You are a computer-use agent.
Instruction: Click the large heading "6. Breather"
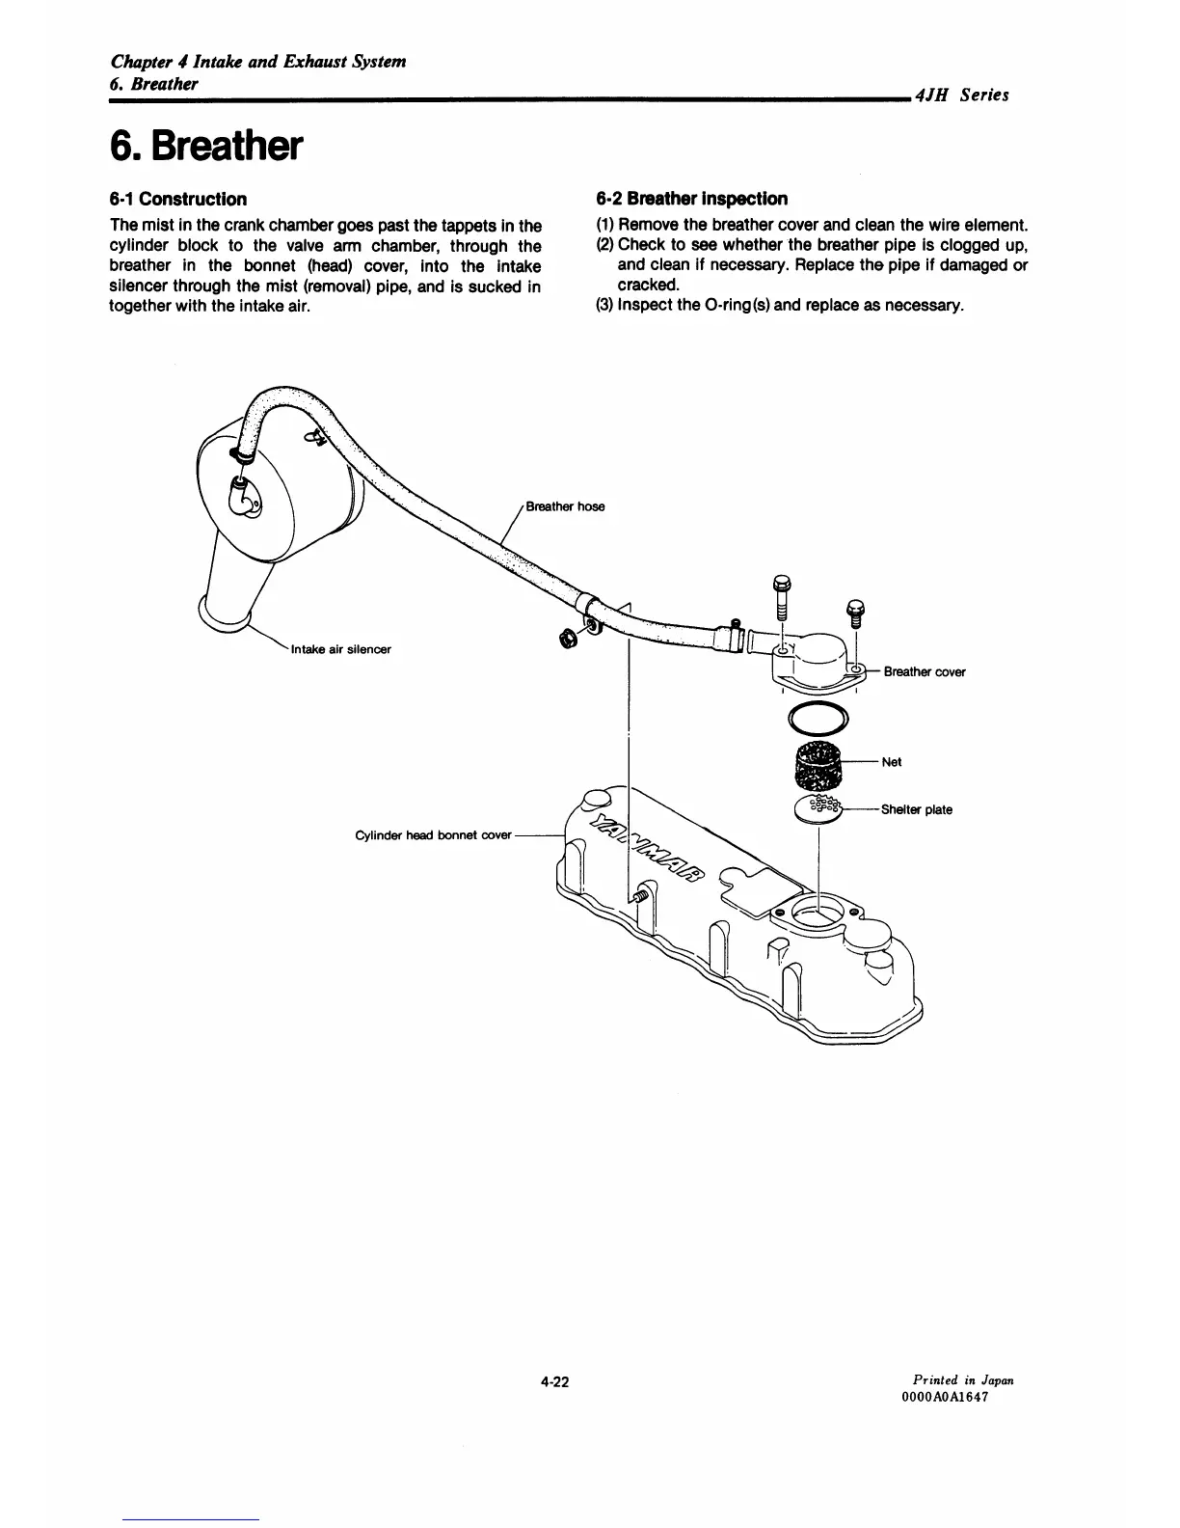click(x=207, y=147)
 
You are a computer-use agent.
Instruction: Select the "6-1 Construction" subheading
click(x=177, y=200)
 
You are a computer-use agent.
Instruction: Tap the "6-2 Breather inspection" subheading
click(x=691, y=199)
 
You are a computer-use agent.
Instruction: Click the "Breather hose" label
click(x=565, y=507)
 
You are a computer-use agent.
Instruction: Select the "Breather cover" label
click(x=925, y=672)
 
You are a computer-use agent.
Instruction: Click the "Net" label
click(x=892, y=762)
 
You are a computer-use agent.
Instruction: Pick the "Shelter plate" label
click(x=916, y=810)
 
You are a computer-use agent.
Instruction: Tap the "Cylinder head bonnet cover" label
click(x=433, y=835)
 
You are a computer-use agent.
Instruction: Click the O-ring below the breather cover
click(x=818, y=719)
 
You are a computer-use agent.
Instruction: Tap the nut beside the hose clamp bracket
click(x=568, y=640)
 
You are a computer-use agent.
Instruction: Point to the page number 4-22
click(x=554, y=1382)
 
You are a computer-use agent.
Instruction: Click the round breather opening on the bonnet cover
click(x=818, y=913)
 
